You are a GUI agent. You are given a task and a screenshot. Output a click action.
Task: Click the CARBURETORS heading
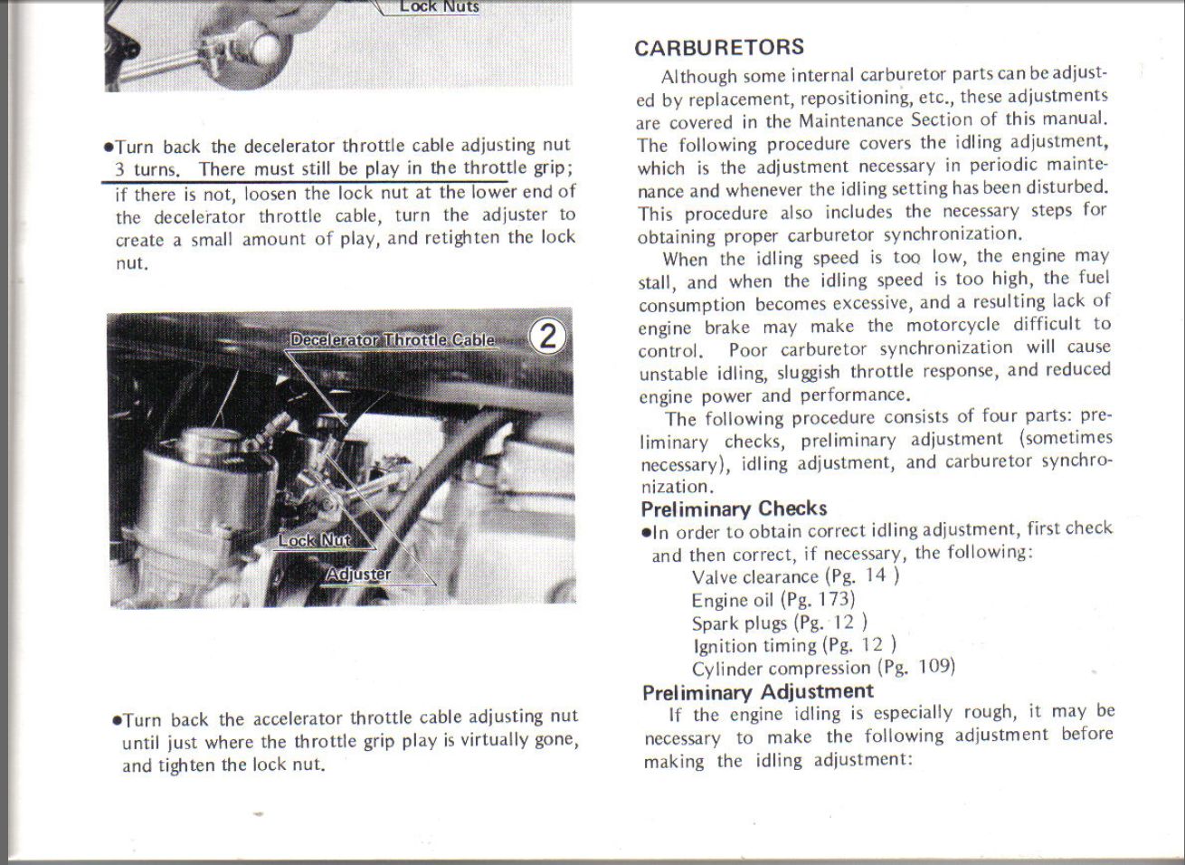718,48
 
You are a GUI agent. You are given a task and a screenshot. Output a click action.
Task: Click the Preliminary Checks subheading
733,509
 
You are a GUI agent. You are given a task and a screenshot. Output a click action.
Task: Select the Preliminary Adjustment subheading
757,692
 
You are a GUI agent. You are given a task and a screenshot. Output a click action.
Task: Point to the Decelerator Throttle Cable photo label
393,340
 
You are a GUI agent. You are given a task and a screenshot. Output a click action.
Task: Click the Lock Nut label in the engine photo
313,540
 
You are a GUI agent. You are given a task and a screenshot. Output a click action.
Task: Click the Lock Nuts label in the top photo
440,6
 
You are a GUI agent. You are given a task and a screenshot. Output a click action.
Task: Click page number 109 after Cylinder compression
934,667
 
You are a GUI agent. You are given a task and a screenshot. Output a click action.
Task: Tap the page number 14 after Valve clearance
875,575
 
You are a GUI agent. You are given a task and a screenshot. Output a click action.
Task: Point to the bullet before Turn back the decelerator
109,147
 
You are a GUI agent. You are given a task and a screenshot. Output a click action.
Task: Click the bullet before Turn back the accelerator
116,721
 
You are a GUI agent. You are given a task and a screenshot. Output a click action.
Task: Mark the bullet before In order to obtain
646,532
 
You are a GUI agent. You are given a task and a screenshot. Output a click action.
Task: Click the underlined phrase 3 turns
148,169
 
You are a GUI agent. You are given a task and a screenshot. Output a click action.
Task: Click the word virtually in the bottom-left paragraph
472,740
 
